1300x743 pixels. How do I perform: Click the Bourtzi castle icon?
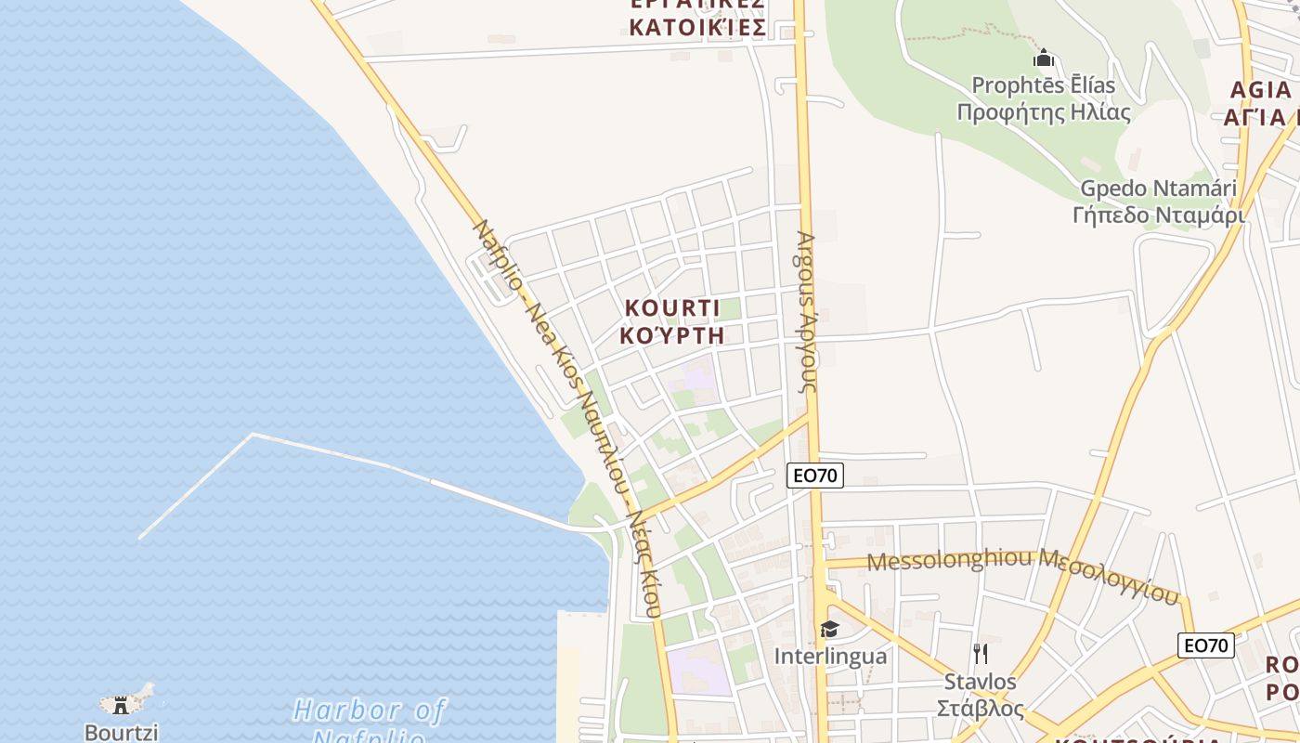121,705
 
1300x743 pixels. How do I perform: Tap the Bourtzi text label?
121,732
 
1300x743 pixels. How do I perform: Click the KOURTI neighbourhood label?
672,308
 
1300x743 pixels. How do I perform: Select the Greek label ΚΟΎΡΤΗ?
672,335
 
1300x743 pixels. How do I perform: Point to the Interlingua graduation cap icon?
829,630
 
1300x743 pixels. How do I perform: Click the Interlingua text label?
830,657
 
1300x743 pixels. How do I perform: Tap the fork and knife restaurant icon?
980,654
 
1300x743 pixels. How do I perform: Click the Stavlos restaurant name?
980,682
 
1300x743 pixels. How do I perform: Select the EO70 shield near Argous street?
814,476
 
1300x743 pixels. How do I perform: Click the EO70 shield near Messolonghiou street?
1205,645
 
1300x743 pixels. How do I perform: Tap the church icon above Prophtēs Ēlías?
1044,59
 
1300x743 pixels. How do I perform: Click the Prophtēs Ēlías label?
1044,85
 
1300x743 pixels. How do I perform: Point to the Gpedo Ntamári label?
1158,189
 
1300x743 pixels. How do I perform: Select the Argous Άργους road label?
805,311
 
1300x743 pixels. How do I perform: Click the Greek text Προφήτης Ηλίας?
1044,113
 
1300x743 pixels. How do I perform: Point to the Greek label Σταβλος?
980,709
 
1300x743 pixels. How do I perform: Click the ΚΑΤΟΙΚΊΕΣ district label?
697,27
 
